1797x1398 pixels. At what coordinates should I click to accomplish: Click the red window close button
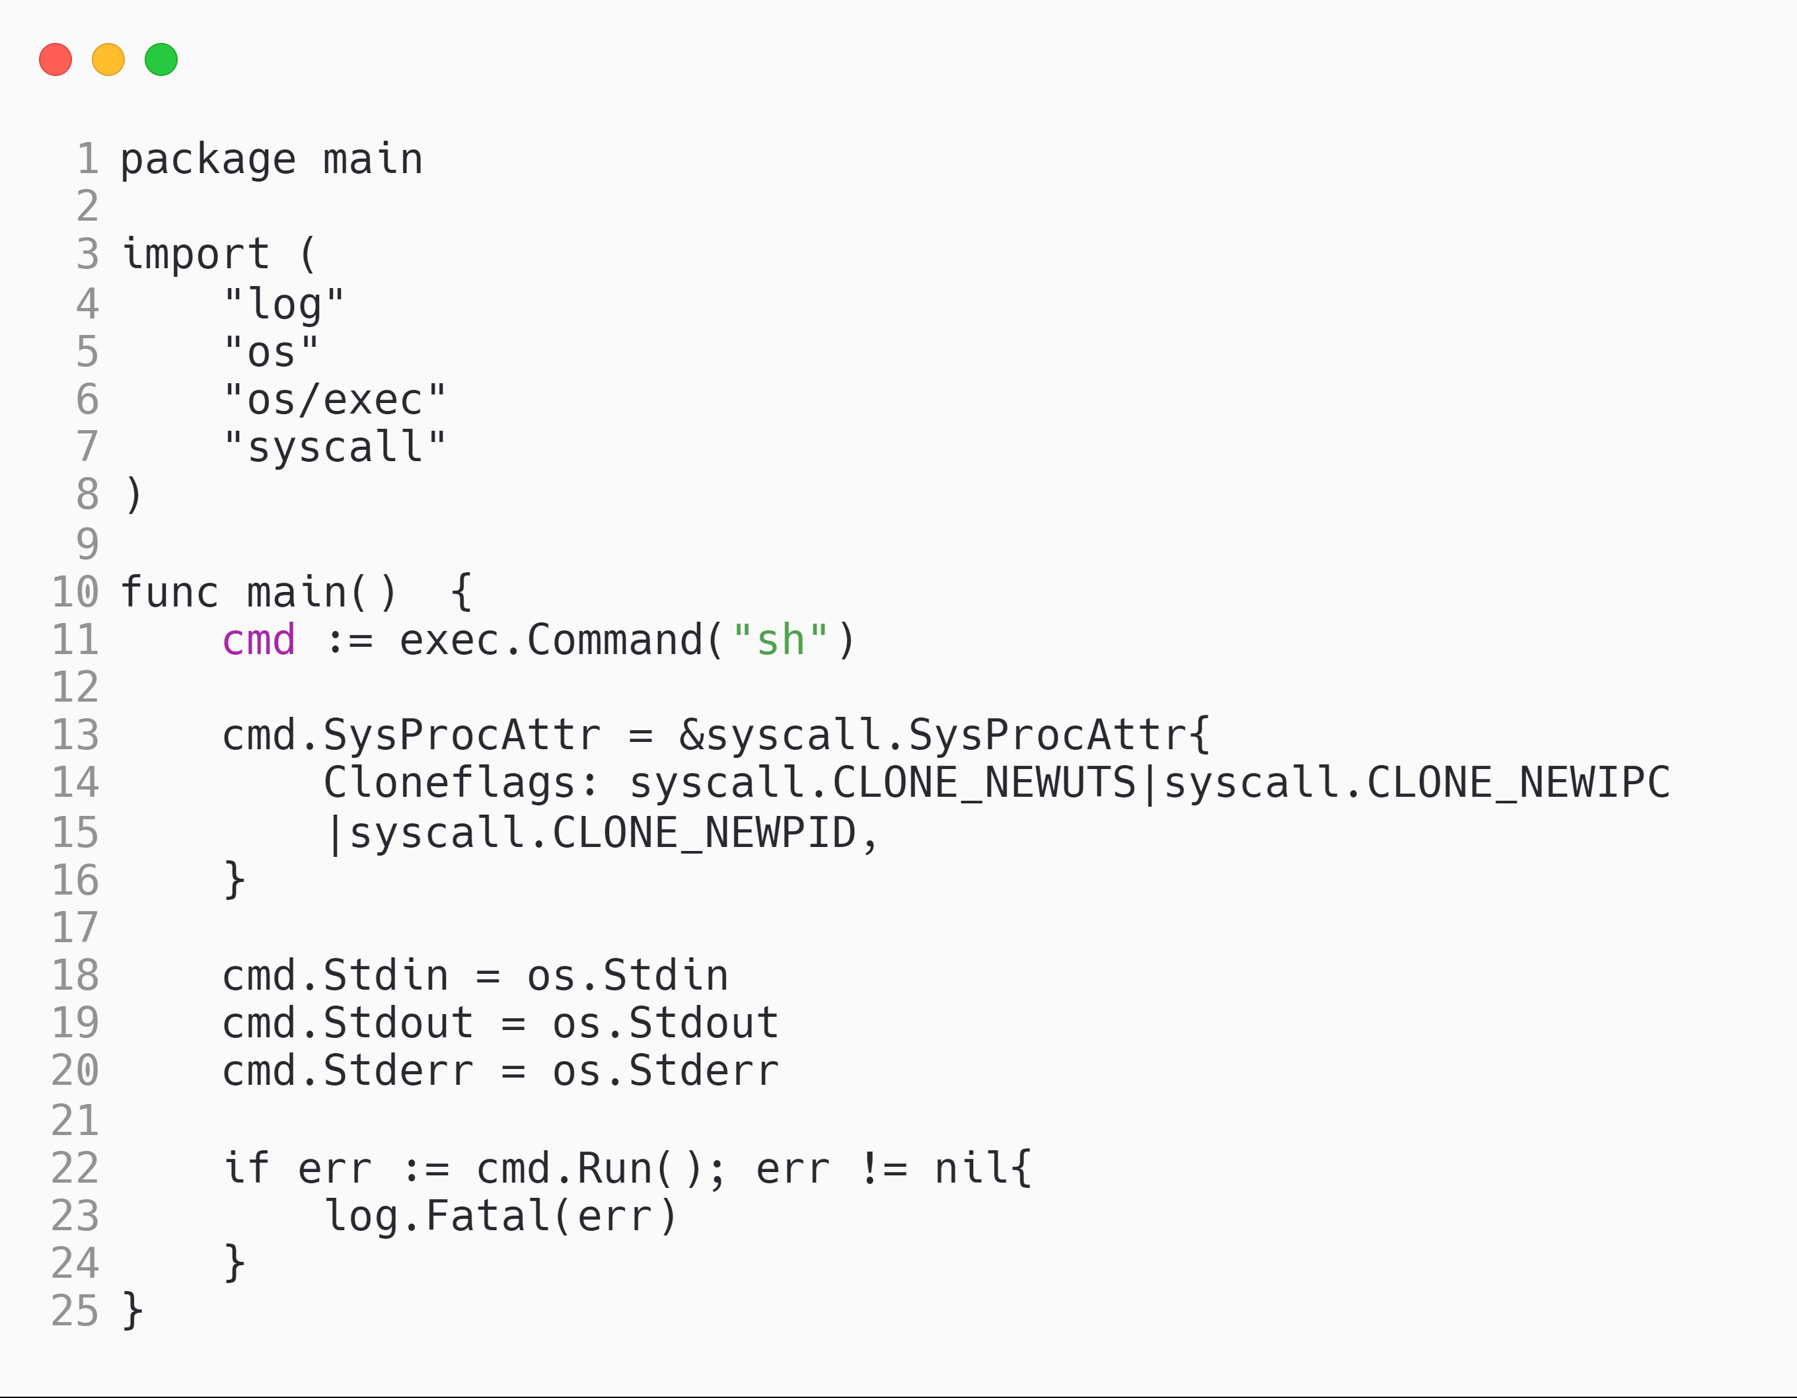[55, 59]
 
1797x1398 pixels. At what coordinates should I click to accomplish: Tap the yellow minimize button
[108, 59]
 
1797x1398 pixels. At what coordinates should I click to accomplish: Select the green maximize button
[161, 59]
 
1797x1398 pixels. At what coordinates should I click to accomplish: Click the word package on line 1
[207, 160]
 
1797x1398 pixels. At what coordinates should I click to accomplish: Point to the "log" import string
[283, 305]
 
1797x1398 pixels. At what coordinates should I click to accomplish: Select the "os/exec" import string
[334, 400]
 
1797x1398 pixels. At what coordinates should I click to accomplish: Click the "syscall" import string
[334, 448]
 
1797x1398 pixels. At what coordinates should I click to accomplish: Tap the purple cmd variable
[258, 640]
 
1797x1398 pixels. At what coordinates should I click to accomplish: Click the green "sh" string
[780, 640]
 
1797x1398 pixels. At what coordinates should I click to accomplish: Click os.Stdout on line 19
[665, 1023]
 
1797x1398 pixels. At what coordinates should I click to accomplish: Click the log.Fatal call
[436, 1216]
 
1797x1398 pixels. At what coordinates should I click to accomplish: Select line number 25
[75, 1311]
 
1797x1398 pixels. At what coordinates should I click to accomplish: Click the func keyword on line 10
[170, 593]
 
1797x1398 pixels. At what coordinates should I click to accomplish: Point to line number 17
[75, 928]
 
